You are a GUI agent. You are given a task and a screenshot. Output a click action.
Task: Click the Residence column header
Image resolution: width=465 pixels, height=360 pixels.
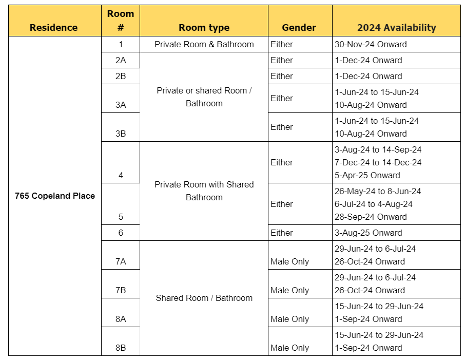53,28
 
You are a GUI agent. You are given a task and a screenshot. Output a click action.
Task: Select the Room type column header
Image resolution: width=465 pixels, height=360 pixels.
204,28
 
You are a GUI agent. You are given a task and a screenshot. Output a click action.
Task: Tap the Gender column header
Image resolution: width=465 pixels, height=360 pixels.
299,28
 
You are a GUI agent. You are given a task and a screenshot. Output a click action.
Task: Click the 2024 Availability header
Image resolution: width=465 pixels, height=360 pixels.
396,28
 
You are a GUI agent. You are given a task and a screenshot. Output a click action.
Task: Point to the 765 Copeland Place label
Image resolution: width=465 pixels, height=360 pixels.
55,196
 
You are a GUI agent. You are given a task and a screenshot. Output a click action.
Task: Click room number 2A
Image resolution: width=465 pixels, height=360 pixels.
121,60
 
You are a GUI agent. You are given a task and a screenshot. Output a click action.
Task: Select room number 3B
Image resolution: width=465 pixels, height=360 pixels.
121,134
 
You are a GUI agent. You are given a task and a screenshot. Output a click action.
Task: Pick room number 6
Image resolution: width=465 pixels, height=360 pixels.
121,233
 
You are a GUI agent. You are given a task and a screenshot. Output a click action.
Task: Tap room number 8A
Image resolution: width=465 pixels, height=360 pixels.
121,319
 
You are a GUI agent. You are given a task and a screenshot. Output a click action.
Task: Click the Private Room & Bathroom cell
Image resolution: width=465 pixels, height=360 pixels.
204,44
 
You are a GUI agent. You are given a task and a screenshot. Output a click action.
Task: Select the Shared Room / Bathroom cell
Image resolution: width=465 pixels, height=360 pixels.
204,298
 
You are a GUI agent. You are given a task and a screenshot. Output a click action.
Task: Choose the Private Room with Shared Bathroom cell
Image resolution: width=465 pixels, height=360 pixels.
204,191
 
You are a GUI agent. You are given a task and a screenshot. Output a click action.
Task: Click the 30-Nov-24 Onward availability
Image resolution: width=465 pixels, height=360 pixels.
370,44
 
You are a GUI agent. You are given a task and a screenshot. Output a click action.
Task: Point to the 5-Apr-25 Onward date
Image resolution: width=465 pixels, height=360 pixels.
367,175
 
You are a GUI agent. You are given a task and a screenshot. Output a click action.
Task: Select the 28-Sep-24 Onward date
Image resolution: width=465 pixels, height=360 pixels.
370,217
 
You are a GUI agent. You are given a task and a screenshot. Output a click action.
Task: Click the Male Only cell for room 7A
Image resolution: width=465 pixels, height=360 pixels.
289,261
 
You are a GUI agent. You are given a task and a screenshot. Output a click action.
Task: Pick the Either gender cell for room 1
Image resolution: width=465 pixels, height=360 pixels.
282,44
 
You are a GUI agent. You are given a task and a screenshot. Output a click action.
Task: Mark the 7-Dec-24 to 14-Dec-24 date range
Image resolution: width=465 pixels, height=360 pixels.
378,162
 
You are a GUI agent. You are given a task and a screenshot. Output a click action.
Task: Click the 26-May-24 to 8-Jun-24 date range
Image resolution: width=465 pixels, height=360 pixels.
377,191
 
